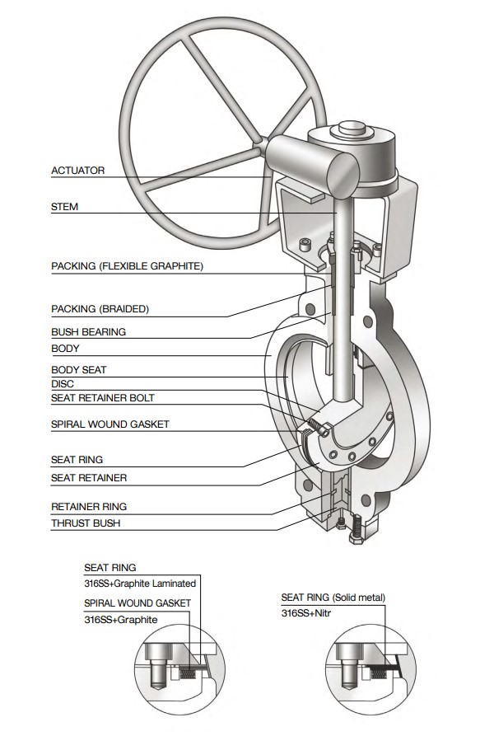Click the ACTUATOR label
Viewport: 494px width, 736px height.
[78, 171]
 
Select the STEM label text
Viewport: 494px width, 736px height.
[65, 207]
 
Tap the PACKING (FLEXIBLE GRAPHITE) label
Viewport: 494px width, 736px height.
[127, 266]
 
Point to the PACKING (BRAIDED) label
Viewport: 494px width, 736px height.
[100, 309]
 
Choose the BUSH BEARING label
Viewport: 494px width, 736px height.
[88, 332]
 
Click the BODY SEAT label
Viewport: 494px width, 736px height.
[79, 370]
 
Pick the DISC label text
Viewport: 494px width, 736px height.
[63, 383]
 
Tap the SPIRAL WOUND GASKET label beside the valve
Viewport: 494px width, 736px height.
[110, 424]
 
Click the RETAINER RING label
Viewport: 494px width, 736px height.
[89, 506]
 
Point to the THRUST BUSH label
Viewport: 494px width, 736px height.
[84, 523]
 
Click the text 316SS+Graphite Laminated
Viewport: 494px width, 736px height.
[140, 584]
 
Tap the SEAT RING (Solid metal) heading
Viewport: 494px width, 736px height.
[333, 597]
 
